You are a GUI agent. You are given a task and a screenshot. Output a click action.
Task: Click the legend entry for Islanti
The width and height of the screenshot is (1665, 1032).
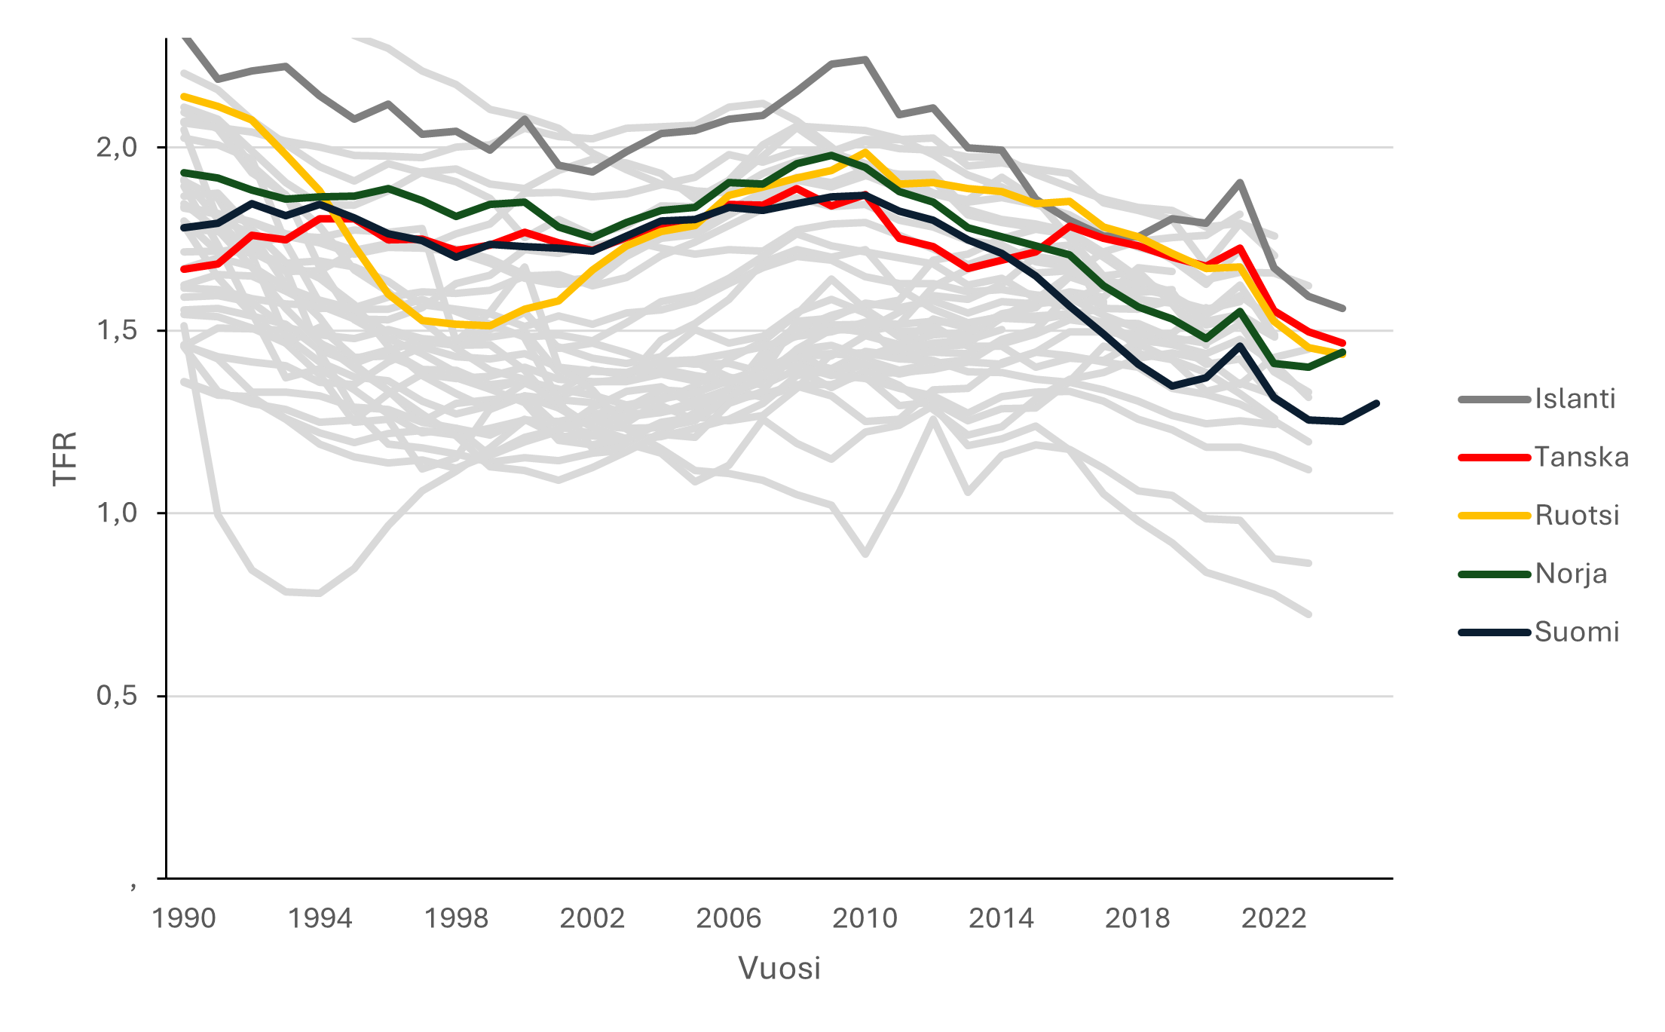pos(1575,399)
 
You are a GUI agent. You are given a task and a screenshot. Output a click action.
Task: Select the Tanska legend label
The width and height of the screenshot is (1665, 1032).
pos(1581,457)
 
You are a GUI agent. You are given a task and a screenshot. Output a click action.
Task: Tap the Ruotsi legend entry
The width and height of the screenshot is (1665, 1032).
pos(1577,516)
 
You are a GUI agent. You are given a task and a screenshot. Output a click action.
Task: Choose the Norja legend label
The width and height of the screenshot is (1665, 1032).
pos(1571,574)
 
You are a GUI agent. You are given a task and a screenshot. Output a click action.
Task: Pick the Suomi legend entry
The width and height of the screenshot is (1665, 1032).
pos(1577,632)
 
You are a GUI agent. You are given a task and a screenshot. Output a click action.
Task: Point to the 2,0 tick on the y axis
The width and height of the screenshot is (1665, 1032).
pos(117,147)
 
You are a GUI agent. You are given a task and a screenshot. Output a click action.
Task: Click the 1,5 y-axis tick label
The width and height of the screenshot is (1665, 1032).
pos(117,330)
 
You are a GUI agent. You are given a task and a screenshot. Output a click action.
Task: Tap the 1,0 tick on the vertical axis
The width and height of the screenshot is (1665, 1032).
pos(117,513)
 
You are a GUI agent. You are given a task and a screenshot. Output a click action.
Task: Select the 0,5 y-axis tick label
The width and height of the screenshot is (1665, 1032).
pos(117,696)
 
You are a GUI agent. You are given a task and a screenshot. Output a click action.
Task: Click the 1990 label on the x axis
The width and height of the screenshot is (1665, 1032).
pos(184,918)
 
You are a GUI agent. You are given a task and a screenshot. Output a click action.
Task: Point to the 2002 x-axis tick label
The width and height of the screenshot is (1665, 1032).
pos(592,918)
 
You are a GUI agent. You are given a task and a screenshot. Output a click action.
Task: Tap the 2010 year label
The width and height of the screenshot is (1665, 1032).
pos(865,918)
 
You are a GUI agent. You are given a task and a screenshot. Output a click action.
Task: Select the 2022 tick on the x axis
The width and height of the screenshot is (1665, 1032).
pos(1273,918)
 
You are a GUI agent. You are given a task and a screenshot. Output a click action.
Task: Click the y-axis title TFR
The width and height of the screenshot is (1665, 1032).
pos(65,458)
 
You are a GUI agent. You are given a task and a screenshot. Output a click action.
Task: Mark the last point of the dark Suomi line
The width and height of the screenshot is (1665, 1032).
pos(1376,403)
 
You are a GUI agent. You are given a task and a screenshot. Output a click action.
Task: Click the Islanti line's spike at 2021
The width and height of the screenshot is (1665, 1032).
pos(1240,182)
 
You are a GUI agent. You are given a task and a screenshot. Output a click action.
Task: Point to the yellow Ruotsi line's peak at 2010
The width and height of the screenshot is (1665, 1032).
pos(865,152)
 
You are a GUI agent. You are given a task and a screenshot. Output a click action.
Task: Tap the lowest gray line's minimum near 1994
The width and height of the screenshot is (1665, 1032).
pos(320,593)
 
